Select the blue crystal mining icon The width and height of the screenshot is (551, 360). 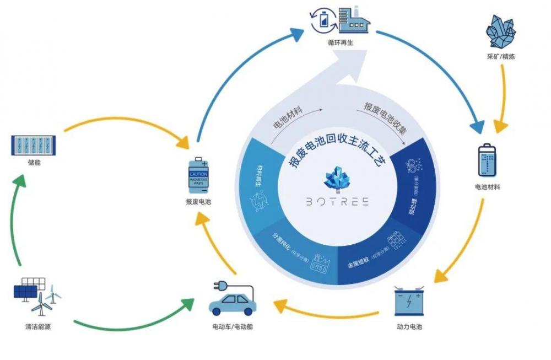(x=501, y=32)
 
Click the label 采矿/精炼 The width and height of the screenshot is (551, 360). (x=501, y=57)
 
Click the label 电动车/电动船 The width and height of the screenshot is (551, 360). (x=233, y=327)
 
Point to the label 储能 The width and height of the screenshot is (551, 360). (x=34, y=164)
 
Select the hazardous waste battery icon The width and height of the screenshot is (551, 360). (x=198, y=175)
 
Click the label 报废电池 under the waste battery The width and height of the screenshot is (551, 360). (x=198, y=202)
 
